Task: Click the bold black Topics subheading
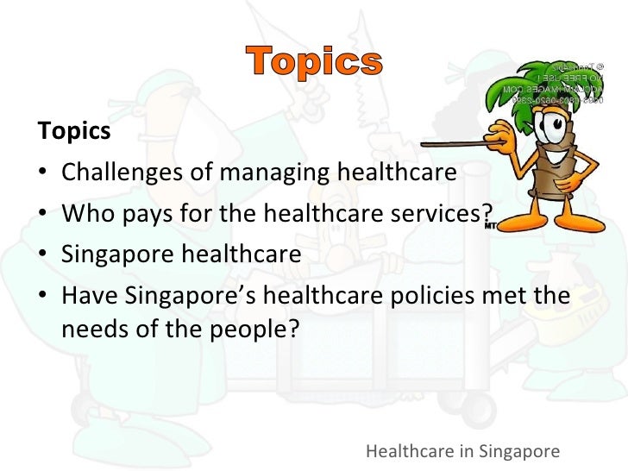(x=74, y=131)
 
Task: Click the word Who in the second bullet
(x=85, y=214)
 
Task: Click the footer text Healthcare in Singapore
(x=463, y=450)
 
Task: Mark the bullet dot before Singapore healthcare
(x=44, y=255)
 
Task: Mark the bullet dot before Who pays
(x=44, y=214)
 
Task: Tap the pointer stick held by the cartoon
(x=449, y=145)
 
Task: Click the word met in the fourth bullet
(x=503, y=296)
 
